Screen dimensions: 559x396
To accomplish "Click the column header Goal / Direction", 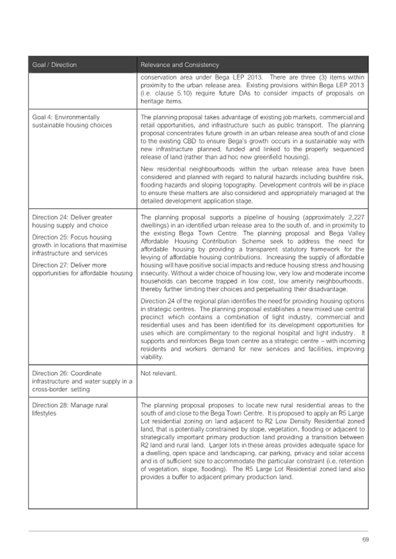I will [55, 64].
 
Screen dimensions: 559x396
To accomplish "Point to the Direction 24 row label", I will [72, 221].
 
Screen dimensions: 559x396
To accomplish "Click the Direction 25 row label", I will [73, 246].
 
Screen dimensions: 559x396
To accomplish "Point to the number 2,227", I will [355, 217].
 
